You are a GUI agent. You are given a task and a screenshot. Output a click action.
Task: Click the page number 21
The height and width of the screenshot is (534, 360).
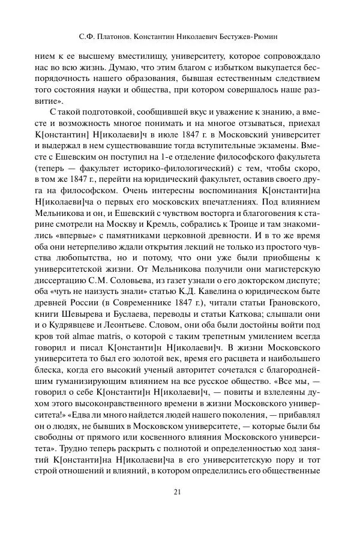177,493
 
